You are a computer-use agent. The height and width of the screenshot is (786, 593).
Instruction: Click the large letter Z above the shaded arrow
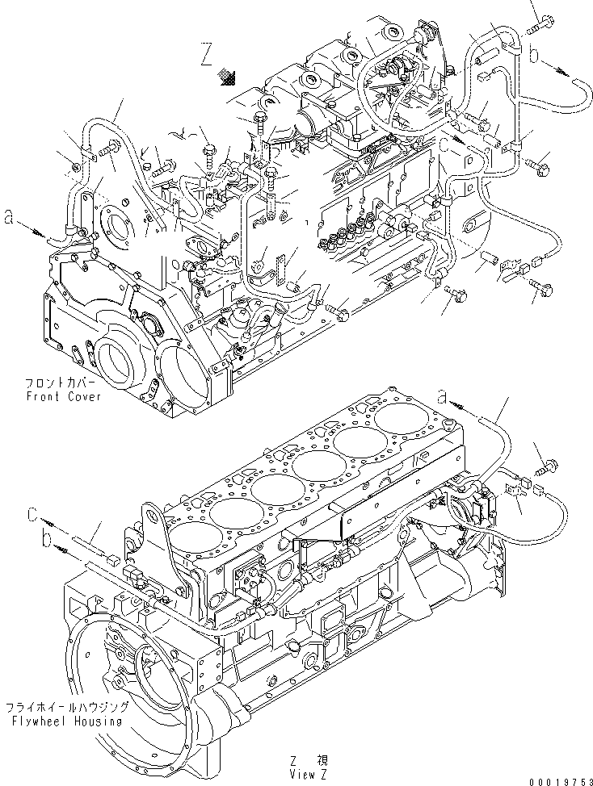pyautogui.click(x=208, y=56)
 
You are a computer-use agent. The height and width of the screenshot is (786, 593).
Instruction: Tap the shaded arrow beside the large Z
pyautogui.click(x=229, y=77)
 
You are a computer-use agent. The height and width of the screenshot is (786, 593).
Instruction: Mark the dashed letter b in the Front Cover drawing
pyautogui.click(x=534, y=55)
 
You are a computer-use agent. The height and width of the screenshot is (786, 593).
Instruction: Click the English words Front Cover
pyautogui.click(x=64, y=397)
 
